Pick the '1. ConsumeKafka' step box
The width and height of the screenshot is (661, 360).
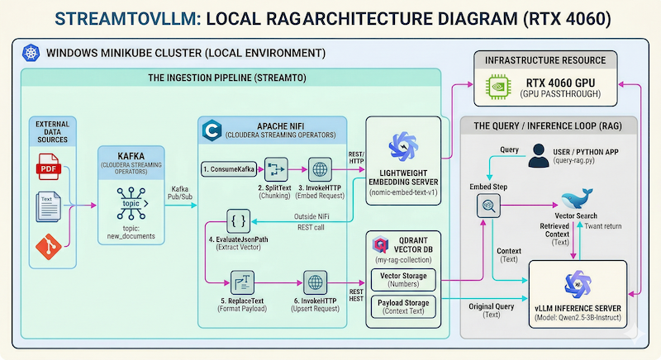pos(227,169)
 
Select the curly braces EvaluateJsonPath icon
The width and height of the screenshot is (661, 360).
pos(239,221)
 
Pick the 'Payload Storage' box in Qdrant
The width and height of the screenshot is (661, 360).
pos(404,306)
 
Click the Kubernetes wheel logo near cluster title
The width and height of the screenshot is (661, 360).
pos(31,53)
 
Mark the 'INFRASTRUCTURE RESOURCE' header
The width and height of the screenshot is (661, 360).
pos(550,60)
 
